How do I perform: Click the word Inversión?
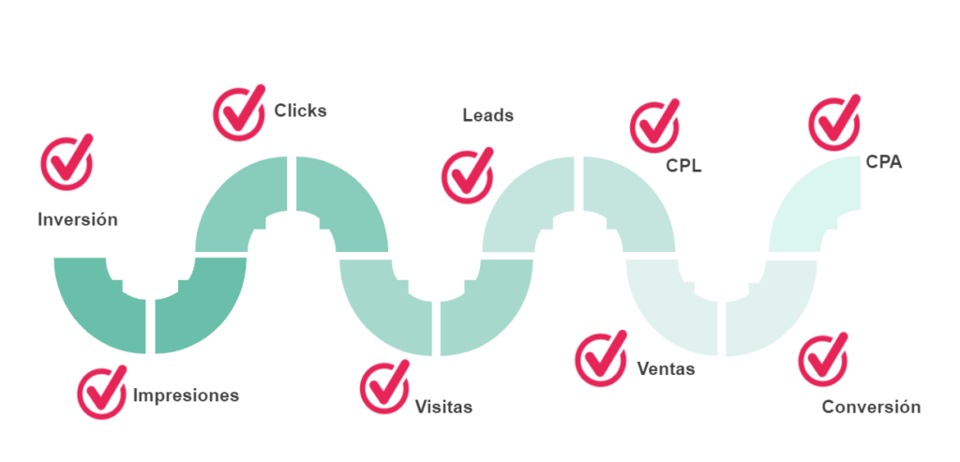click(78, 219)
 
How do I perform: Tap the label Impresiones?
click(186, 395)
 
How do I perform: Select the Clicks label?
click(300, 111)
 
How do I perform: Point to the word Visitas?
click(443, 408)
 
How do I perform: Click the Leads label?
click(487, 115)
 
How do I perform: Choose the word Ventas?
click(666, 368)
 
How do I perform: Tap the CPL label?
click(683, 168)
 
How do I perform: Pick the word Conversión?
click(871, 408)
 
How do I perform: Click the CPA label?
click(884, 163)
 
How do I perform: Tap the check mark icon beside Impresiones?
click(102, 393)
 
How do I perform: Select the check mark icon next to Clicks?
click(239, 112)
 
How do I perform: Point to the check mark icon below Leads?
click(467, 172)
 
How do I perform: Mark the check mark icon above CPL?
click(655, 126)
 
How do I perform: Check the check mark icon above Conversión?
click(822, 360)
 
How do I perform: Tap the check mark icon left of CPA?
click(833, 124)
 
